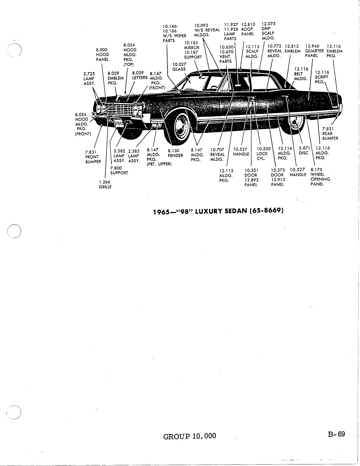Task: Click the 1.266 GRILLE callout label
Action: pos(105,184)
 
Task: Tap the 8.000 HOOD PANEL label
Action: pos(102,55)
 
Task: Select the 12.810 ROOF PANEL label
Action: pos(248,29)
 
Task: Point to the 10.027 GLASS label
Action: pos(179,67)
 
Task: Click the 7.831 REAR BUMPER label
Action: pos(330,134)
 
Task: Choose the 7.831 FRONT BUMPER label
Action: pos(93,157)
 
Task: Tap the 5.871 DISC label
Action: pos(304,151)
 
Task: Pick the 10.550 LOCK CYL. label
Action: pos(263,154)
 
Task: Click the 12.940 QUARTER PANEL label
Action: pos(314,51)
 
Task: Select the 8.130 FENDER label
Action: pos(175,153)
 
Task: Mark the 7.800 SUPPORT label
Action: pos(119,170)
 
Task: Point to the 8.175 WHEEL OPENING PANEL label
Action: pos(320,177)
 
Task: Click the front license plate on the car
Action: pos(119,123)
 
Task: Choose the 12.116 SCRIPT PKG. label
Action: pos(322,77)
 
